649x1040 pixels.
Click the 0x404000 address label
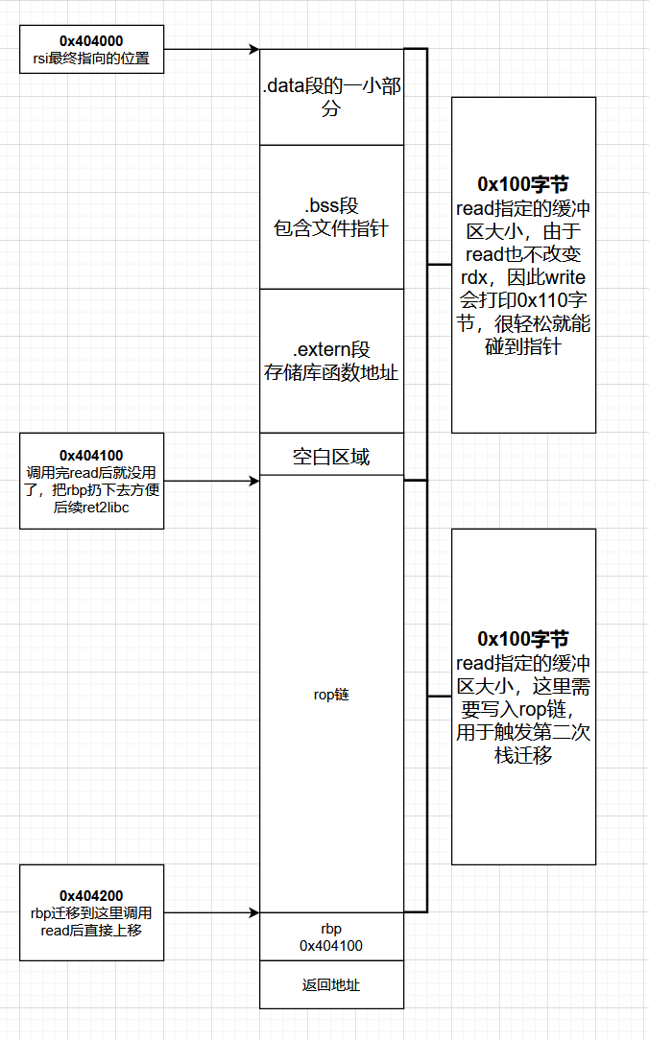pyautogui.click(x=91, y=40)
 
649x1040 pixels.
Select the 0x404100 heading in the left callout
pyautogui.click(x=91, y=455)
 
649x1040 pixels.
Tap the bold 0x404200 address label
pyautogui.click(x=91, y=896)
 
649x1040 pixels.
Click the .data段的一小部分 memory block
pyautogui.click(x=331, y=97)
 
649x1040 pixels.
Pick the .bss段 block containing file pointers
pyautogui.click(x=331, y=217)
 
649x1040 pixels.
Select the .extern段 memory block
pyautogui.click(x=331, y=360)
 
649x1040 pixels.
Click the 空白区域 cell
pyautogui.click(x=331, y=457)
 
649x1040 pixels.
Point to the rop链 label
pyautogui.click(x=331, y=694)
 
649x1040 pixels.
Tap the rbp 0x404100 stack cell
pyautogui.click(x=331, y=937)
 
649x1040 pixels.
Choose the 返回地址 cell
pyautogui.click(x=331, y=984)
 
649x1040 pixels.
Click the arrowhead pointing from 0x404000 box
pyautogui.click(x=254, y=49)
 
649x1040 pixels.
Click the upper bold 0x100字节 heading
pyautogui.click(x=523, y=183)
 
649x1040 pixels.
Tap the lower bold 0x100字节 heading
pyautogui.click(x=523, y=639)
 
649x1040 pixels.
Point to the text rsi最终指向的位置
pyautogui.click(x=91, y=58)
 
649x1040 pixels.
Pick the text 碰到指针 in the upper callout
pyautogui.click(x=523, y=346)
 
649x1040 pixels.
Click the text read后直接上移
pyautogui.click(x=91, y=930)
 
